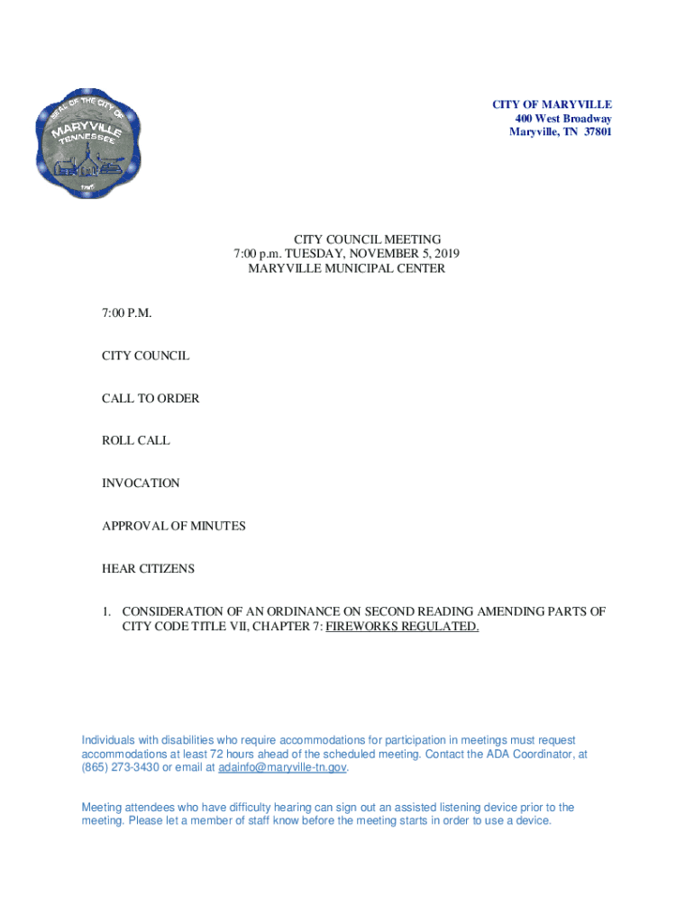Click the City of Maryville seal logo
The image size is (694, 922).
(87, 143)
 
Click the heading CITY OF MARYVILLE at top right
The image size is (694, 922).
(552, 105)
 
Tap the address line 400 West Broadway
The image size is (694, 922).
(563, 119)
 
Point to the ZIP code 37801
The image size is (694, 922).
(597, 132)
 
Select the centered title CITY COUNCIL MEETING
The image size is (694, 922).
(346, 240)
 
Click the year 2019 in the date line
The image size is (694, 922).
(444, 254)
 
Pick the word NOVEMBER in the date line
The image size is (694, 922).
(381, 254)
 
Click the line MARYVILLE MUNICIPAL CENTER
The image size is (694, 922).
(346, 268)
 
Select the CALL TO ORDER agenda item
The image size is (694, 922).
(151, 398)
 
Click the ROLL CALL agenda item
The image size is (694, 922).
(135, 441)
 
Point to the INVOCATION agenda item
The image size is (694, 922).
(141, 484)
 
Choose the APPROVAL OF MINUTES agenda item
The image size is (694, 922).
(173, 526)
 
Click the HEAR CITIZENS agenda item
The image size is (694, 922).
(148, 569)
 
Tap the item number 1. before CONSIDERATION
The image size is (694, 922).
(106, 611)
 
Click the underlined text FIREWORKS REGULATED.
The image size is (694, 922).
(402, 626)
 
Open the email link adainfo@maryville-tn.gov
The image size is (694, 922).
(281, 768)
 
